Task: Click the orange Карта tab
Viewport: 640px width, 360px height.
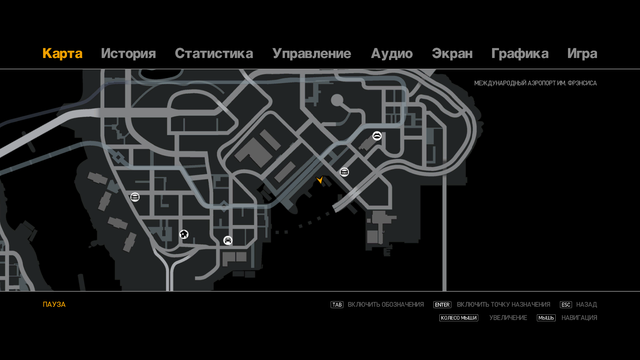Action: coord(62,54)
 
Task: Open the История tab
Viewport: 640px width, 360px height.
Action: coord(128,54)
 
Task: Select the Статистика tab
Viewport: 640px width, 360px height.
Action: coord(214,54)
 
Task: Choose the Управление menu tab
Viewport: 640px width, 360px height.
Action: coord(312,54)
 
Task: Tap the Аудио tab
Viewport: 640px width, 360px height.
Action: coord(392,54)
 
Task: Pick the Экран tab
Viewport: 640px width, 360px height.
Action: coord(452,54)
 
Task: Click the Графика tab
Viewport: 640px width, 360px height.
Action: coord(520,54)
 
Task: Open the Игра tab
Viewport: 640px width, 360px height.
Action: coord(582,54)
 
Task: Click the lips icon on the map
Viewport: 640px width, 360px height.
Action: coord(377,136)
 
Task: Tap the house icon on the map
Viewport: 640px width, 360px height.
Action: coord(184,234)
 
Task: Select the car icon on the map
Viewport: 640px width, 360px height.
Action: coord(228,240)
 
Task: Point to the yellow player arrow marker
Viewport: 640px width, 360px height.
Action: coord(320,180)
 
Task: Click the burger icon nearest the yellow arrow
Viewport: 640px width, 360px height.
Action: coord(344,172)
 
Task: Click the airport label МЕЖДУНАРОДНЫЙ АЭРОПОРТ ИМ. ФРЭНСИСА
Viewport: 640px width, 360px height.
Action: coord(535,83)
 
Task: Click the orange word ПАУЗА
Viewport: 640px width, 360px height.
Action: coord(54,304)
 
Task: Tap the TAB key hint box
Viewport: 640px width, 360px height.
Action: coord(337,305)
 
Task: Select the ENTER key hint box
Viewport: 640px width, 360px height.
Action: coord(442,305)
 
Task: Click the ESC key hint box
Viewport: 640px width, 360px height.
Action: coord(566,305)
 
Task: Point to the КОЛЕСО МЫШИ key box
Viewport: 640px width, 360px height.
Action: coord(459,318)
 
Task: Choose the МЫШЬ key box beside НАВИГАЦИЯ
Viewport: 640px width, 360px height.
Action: coord(546,318)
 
